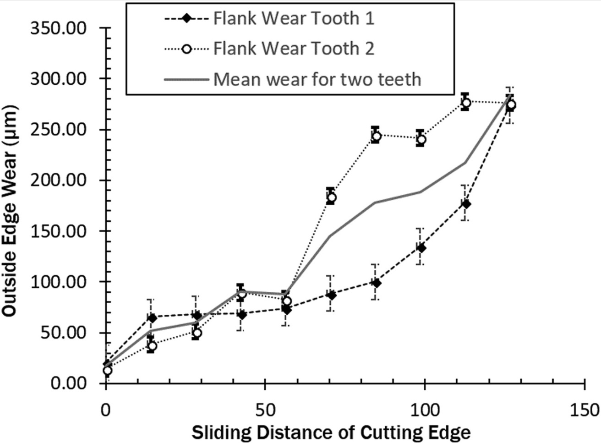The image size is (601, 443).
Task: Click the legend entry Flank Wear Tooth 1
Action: (294, 19)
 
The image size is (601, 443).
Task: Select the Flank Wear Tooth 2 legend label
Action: (294, 49)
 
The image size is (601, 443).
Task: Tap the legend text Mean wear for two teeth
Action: (317, 79)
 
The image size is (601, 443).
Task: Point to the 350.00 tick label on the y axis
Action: (58, 28)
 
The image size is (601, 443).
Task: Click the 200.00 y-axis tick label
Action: (58, 180)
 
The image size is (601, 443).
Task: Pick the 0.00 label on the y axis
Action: (69, 383)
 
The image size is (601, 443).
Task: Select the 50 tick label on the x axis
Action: (265, 409)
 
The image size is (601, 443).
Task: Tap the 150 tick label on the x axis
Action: (585, 409)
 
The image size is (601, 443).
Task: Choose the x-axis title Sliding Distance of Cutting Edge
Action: (331, 432)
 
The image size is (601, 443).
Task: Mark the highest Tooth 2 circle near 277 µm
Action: (465, 102)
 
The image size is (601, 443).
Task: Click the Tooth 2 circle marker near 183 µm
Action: (331, 197)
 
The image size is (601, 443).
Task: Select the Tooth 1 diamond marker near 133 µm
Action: (421, 248)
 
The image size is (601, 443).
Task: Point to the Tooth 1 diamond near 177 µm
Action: (465, 204)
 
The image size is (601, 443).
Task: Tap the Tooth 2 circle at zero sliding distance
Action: (107, 370)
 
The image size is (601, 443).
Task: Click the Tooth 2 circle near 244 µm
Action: (376, 136)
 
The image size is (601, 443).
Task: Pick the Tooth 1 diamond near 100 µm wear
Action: (376, 283)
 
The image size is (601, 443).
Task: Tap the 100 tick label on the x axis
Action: (424, 409)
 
